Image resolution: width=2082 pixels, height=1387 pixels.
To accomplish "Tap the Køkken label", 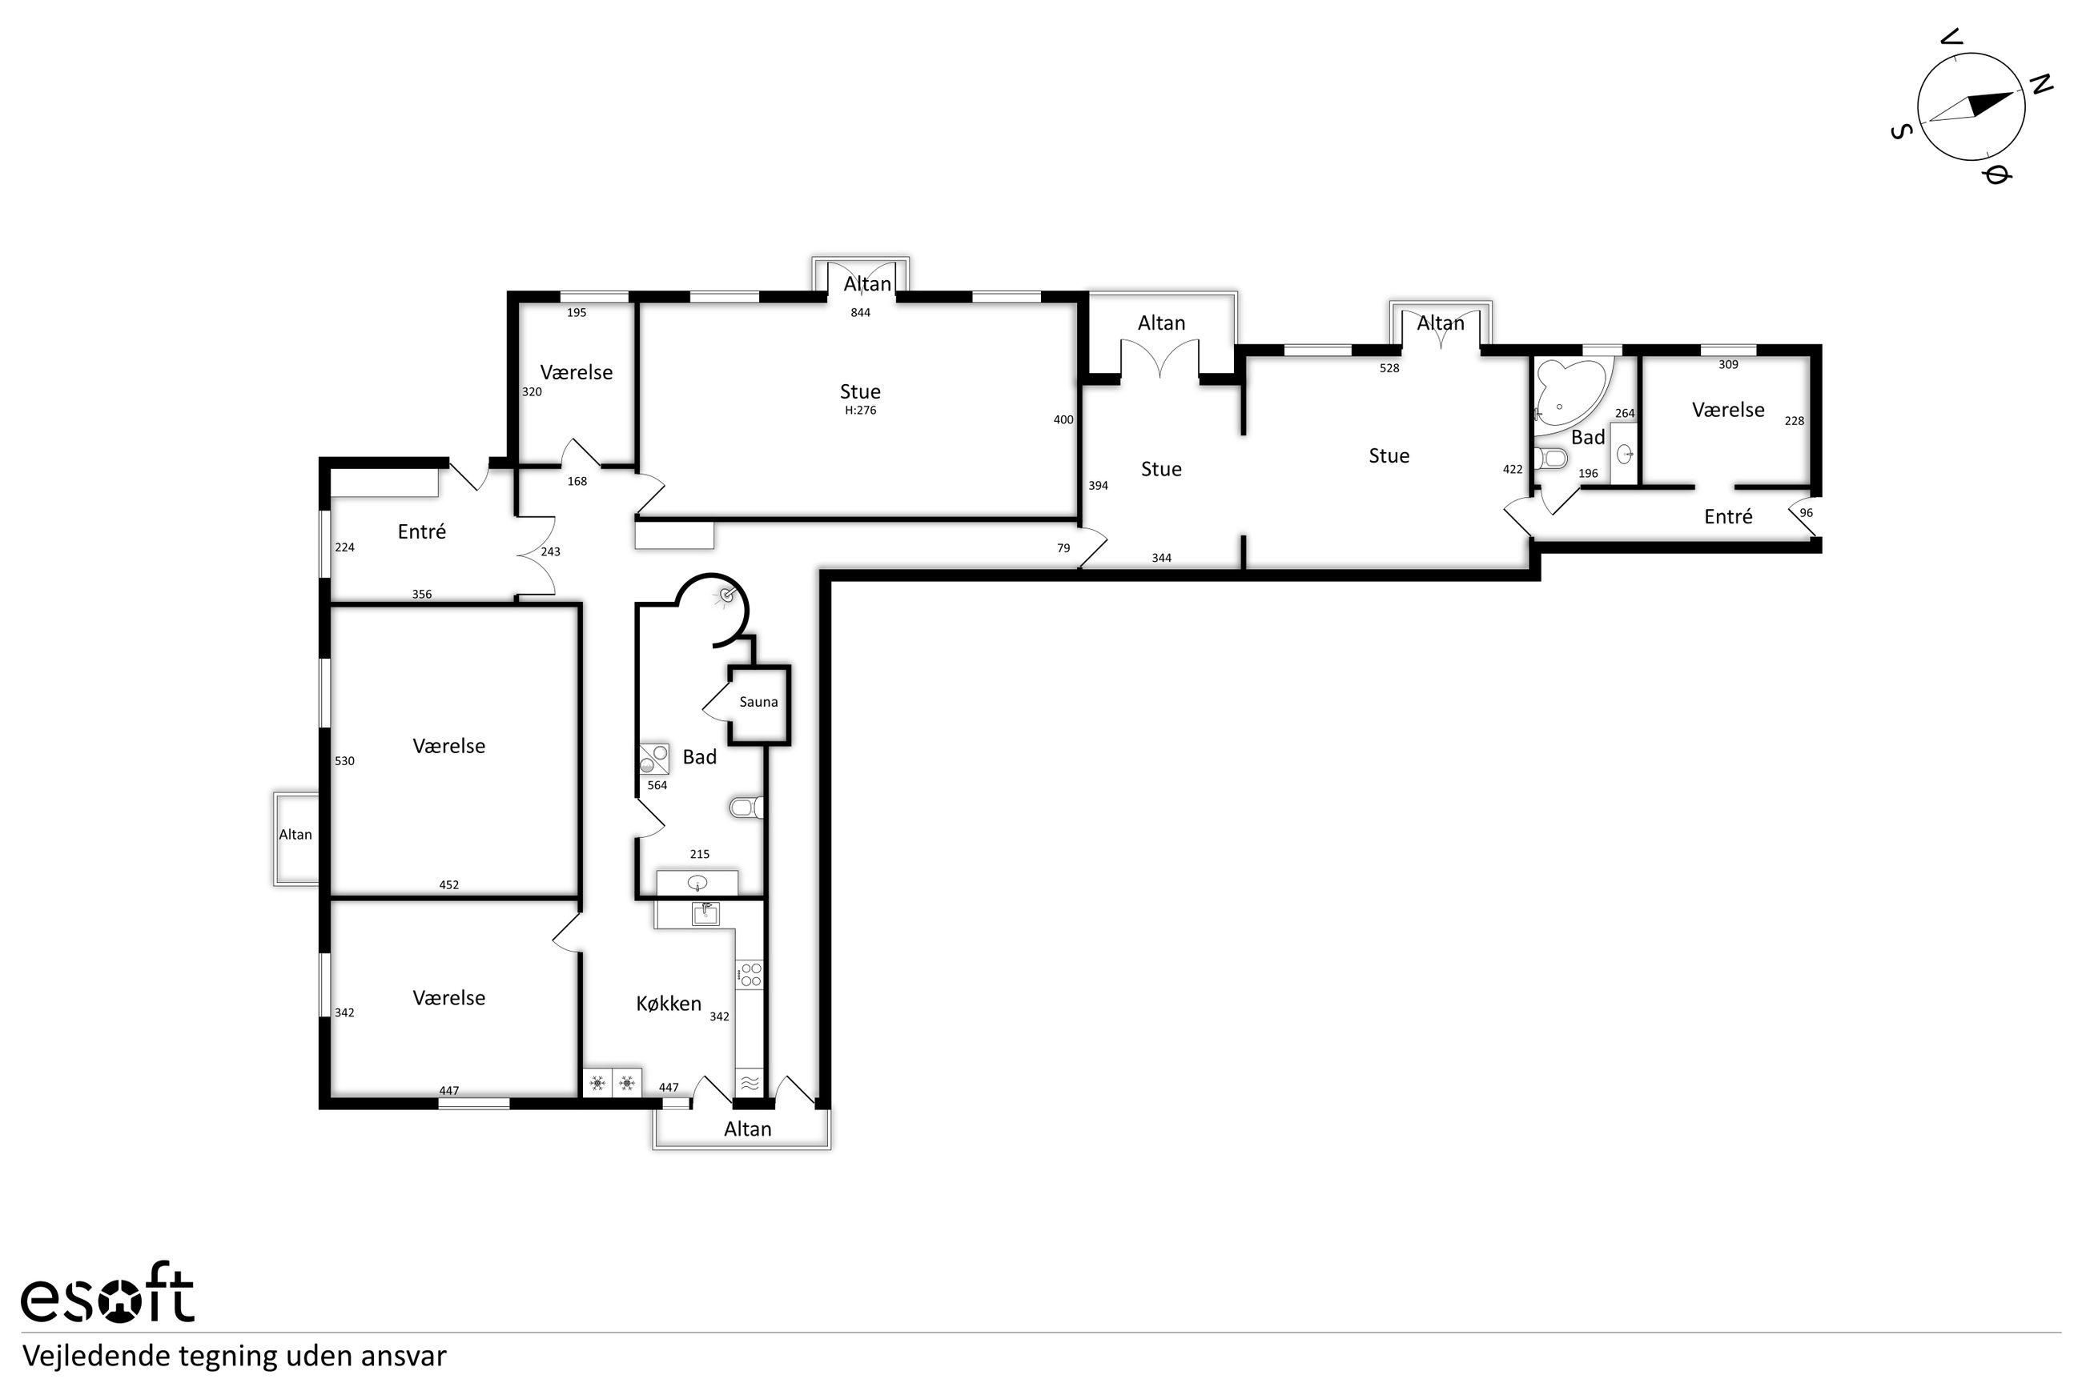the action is (669, 1003).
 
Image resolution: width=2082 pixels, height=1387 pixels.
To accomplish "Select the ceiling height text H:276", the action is (860, 411).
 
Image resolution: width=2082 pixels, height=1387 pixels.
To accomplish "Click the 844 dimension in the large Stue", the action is (860, 312).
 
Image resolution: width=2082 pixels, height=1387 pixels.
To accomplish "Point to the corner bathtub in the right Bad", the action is (1570, 395).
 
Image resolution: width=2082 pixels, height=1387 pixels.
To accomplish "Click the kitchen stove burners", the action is (750, 975).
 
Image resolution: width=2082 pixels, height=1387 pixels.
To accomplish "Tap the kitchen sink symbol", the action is (705, 912).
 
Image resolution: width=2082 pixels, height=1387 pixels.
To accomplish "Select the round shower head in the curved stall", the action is (727, 595).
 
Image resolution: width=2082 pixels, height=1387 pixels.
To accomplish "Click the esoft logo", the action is (107, 1297).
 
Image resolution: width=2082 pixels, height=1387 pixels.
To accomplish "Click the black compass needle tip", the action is (2015, 92).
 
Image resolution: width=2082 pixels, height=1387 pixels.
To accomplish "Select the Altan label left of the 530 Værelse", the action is (295, 834).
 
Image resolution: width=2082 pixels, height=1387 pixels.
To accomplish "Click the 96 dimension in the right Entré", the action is (1806, 513).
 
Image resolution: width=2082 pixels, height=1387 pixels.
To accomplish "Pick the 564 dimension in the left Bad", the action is (657, 785).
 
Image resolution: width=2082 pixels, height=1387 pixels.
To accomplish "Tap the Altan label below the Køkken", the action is (748, 1128).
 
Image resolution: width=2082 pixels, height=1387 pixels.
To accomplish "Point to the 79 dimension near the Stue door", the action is (1063, 548).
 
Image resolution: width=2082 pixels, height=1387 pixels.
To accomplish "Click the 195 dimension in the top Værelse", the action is (577, 312).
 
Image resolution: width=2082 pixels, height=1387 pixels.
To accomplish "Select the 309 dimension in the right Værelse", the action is (1728, 364).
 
